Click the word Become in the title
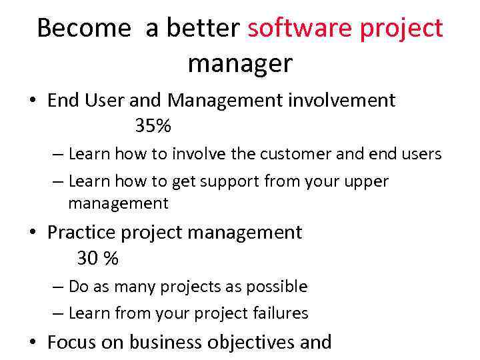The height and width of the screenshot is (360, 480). [84, 28]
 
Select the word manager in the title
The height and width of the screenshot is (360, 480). [240, 64]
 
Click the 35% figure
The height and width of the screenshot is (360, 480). [153, 125]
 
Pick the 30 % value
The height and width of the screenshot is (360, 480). [97, 258]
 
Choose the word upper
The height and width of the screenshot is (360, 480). [365, 181]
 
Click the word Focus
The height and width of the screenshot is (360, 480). [73, 343]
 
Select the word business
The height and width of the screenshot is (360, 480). [165, 343]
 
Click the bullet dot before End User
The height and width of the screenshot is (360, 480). [33, 101]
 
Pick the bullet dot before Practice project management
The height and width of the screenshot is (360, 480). [33, 233]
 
